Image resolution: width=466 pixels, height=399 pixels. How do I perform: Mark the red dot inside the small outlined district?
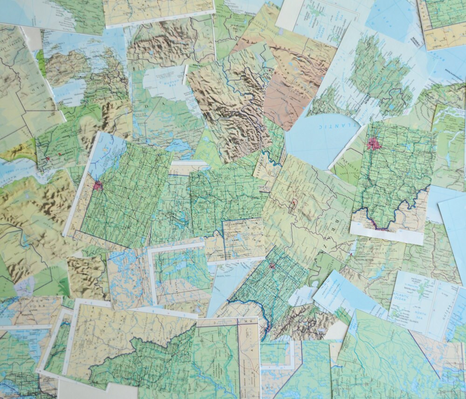point(295,203)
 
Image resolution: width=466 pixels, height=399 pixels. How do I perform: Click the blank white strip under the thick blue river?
point(387,235)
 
